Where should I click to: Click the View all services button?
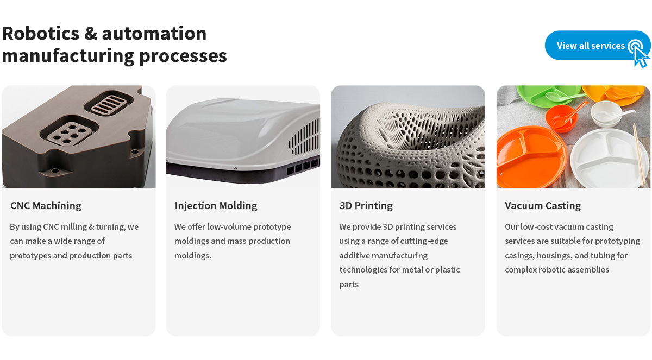point(597,46)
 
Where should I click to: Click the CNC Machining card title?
point(46,206)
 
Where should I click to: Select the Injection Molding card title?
point(216,206)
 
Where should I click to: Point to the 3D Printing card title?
point(366,206)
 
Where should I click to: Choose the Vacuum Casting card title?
point(543,206)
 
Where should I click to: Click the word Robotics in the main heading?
point(40,33)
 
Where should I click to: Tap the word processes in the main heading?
point(183,56)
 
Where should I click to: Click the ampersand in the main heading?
point(91,33)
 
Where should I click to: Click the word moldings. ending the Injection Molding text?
point(193,255)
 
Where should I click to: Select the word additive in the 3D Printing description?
point(354,255)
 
